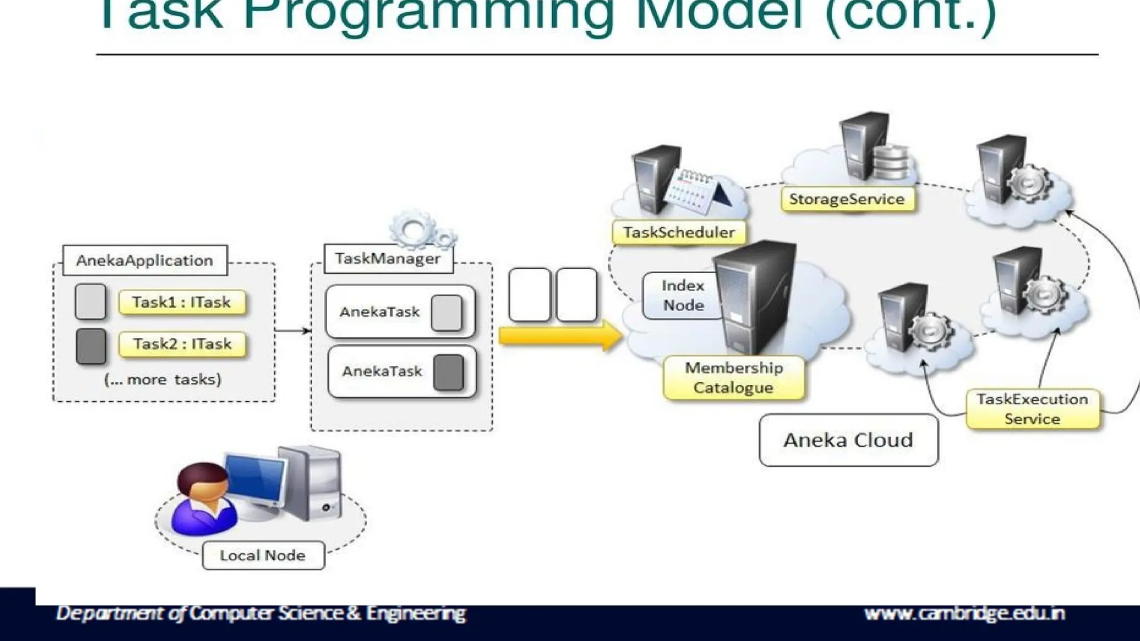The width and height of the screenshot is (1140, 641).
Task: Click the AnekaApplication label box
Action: (145, 260)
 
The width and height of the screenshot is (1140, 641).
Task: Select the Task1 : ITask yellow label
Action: (181, 302)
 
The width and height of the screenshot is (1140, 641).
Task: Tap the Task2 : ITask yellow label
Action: (182, 344)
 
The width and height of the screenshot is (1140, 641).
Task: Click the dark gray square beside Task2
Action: (91, 346)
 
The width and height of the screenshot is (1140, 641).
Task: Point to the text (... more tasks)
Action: (163, 379)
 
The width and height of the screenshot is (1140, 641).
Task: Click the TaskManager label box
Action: (388, 259)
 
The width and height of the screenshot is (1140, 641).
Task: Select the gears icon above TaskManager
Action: (422, 229)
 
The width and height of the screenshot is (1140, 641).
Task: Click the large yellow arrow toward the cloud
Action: (559, 336)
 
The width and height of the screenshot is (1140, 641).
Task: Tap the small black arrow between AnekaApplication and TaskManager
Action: (293, 331)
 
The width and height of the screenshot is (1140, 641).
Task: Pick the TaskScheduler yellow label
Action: (679, 233)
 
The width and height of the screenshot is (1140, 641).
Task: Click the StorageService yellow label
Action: (847, 199)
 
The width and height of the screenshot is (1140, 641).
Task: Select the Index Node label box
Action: (682, 295)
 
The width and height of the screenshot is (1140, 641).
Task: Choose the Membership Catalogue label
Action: (734, 378)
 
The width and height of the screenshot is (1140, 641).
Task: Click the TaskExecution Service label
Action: (1033, 409)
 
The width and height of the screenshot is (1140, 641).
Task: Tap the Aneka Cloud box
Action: (848, 440)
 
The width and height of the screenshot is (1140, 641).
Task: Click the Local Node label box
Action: (263, 555)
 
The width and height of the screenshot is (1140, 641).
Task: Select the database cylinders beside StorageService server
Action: (890, 161)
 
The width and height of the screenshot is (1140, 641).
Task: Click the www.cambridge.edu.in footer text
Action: (964, 613)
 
